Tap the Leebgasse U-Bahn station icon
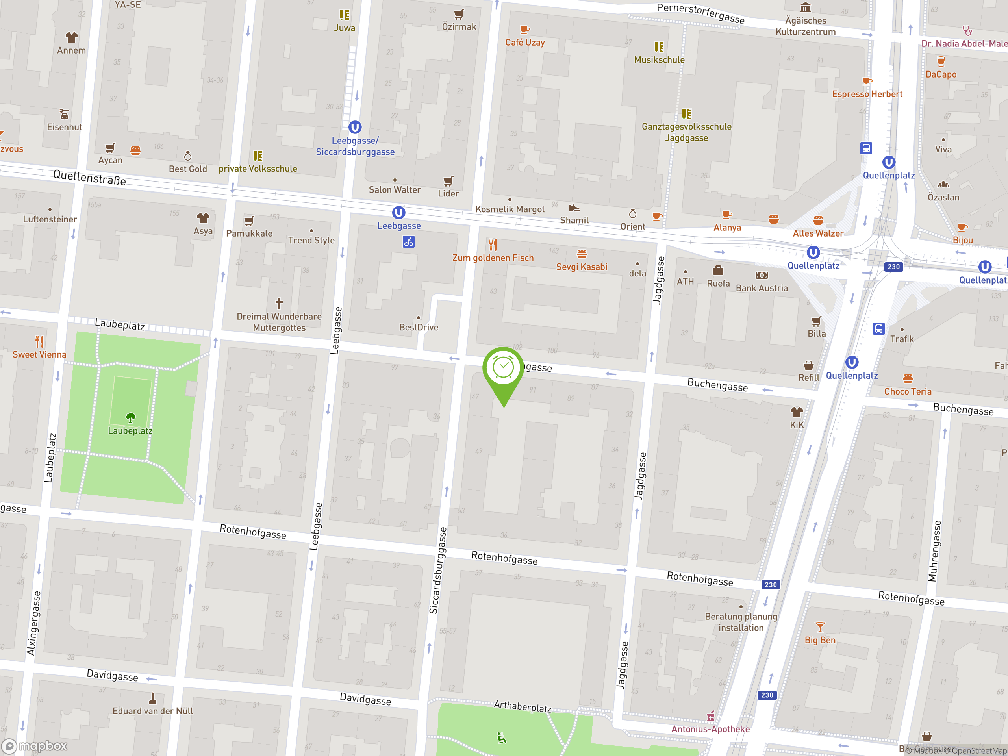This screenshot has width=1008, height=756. (398, 212)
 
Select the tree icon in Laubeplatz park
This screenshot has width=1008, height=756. (130, 417)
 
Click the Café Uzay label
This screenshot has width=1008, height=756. (524, 43)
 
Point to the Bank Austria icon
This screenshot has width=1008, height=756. (762, 275)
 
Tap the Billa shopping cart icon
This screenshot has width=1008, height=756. (816, 321)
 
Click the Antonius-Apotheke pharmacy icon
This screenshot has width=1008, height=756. (710, 717)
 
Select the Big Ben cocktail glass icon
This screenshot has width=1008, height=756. (820, 627)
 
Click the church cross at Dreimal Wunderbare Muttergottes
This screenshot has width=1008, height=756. (279, 303)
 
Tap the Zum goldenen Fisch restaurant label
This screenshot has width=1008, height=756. (493, 258)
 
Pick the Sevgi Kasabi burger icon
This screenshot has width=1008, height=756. (582, 254)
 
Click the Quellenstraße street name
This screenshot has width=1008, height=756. (89, 177)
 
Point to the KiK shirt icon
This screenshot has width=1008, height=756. (797, 412)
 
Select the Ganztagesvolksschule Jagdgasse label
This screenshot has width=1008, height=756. (686, 132)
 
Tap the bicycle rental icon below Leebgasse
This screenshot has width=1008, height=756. (408, 242)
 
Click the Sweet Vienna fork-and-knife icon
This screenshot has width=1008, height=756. (39, 341)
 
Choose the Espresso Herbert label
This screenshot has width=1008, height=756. (867, 94)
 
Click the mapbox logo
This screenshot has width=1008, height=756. (35, 746)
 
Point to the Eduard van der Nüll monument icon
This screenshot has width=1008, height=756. (153, 698)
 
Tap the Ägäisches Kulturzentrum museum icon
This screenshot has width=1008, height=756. (805, 8)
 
